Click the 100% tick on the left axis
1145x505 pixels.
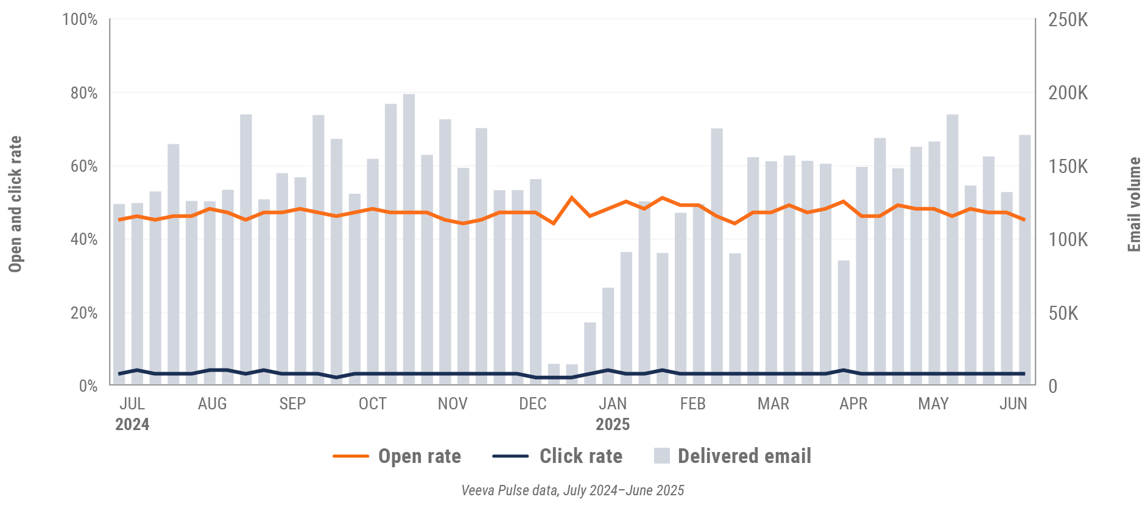pos(80,19)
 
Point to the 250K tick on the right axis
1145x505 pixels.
pos(1068,20)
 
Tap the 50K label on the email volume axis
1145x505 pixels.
pos(1063,313)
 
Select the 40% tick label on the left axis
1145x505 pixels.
pos(83,239)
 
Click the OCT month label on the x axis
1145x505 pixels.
pos(372,404)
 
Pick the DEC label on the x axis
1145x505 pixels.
pos(532,404)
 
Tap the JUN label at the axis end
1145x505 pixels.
pos(1013,404)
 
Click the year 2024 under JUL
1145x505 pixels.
pos(132,425)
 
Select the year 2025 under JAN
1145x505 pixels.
pos(613,425)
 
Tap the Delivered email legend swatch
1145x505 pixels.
pos(662,456)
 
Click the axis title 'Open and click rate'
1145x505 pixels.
pos(15,204)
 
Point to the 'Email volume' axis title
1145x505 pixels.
pos(1134,204)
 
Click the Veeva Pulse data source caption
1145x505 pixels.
pos(572,490)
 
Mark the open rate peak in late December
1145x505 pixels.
pos(571,197)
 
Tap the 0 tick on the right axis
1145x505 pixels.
pos(1052,386)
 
